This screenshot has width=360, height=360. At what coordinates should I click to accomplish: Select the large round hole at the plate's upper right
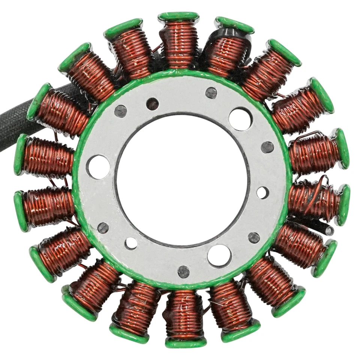(240, 119)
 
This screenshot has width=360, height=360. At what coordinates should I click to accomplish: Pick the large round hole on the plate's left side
(98, 167)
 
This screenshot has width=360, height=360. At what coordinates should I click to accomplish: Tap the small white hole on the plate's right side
(262, 193)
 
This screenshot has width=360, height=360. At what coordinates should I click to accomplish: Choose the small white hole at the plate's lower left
(131, 243)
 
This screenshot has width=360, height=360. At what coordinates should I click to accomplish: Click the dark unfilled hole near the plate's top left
(152, 104)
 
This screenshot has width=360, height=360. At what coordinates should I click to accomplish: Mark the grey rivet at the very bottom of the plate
(183, 272)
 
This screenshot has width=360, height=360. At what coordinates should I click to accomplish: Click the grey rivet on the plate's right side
(267, 147)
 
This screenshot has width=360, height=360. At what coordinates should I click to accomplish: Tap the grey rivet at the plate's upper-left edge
(120, 111)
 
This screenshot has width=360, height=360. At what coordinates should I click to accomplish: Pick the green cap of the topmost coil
(178, 16)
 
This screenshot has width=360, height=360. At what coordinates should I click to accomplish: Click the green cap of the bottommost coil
(186, 342)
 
